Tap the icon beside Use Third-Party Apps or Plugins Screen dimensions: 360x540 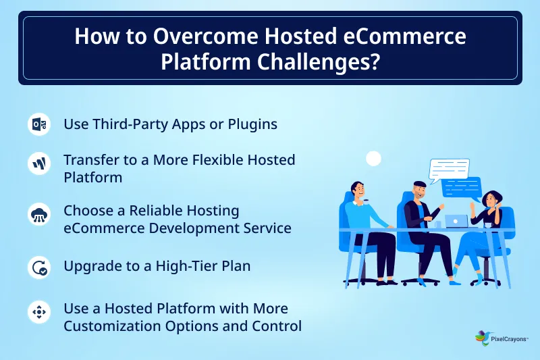coord(38,125)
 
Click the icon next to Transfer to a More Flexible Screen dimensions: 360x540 coord(38,163)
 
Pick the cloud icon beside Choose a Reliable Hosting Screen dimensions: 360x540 coord(38,215)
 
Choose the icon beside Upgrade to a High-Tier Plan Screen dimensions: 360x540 coord(38,267)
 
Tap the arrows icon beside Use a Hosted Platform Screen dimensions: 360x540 coord(38,312)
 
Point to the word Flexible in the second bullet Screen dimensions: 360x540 coord(227,160)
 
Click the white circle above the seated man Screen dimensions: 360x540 coord(373,159)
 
